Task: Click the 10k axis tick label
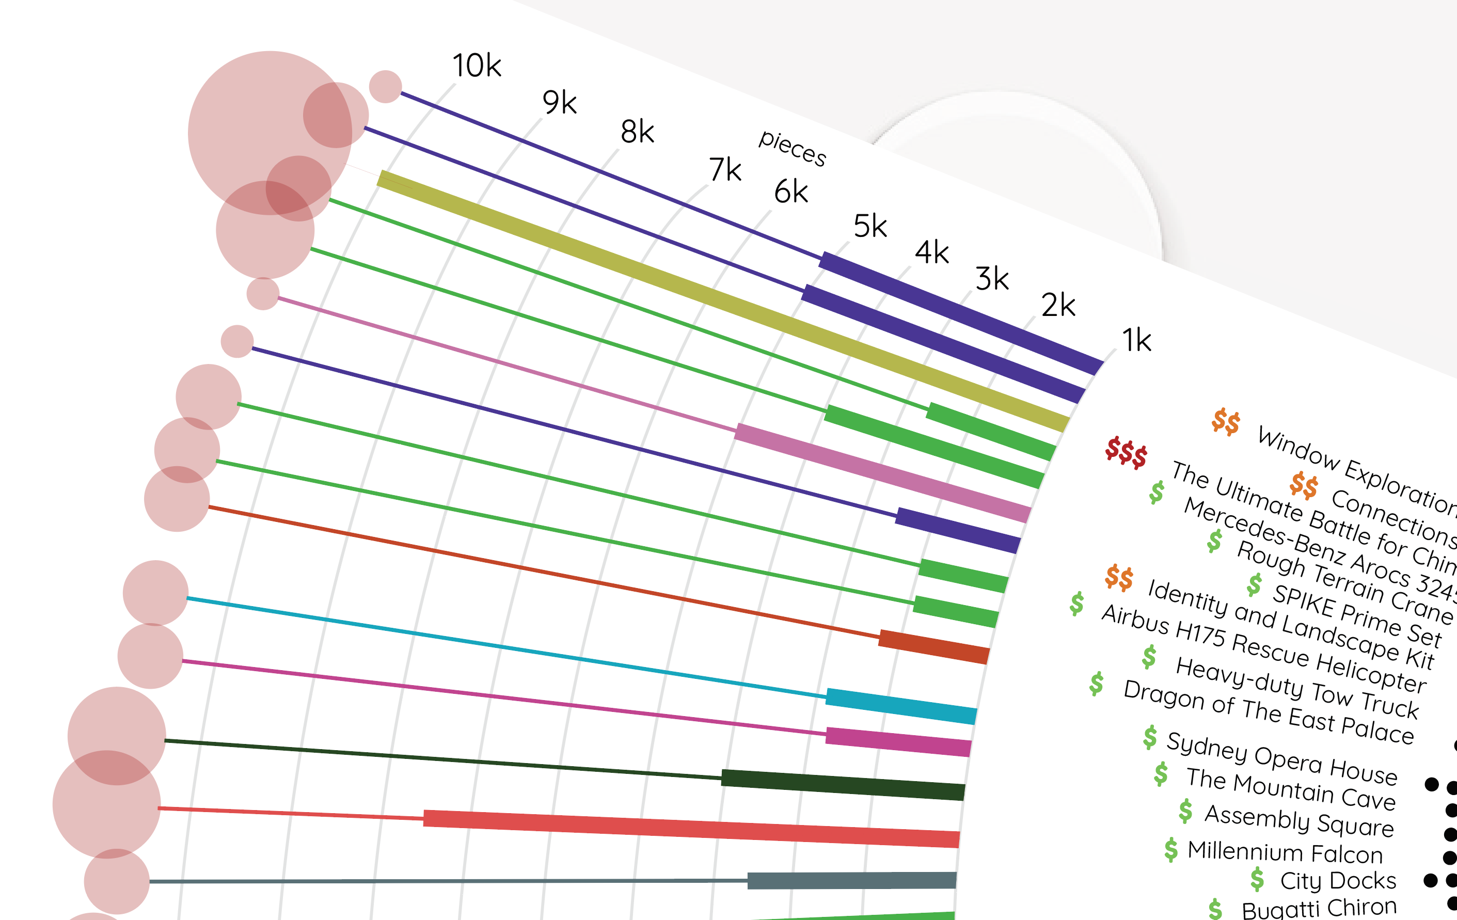tap(477, 66)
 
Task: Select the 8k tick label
tap(637, 131)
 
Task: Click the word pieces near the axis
tap(792, 148)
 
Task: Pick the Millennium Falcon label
tap(1285, 852)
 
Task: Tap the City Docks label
tap(1338, 881)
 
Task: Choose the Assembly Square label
tap(1298, 820)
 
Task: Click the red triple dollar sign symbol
tap(1126, 452)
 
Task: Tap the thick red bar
tap(690, 828)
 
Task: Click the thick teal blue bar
tap(900, 706)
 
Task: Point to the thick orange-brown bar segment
tap(933, 646)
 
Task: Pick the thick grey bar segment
tap(850, 881)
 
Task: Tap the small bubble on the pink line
tap(263, 294)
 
